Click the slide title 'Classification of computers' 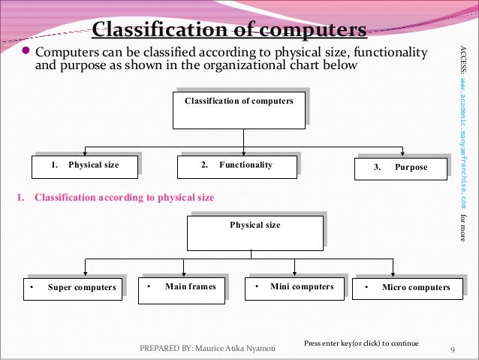pyautogui.click(x=229, y=31)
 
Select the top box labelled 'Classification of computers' pyautogui.click(x=239, y=110)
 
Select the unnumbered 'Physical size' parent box pyautogui.click(x=255, y=232)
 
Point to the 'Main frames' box pyautogui.click(x=181, y=289)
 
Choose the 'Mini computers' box pyautogui.click(x=294, y=287)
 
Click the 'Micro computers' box pyautogui.click(x=408, y=288)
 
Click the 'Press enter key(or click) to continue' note pyautogui.click(x=361, y=343)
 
